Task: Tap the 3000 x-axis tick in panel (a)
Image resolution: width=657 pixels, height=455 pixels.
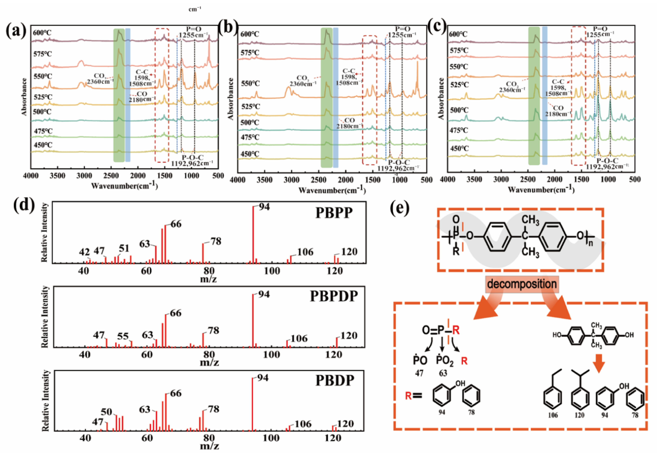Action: point(84,176)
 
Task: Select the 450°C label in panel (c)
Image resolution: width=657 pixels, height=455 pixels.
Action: point(459,149)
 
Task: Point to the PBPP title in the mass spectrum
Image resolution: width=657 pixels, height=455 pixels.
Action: point(334,213)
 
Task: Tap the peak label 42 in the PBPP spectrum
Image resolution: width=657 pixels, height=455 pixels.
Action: point(85,252)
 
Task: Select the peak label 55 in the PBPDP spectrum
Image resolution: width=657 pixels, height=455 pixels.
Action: point(123,336)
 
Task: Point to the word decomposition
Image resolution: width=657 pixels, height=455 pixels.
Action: point(522,284)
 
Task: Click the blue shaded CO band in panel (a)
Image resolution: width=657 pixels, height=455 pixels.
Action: point(128,95)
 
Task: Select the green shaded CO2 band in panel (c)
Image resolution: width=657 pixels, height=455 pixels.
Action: point(534,96)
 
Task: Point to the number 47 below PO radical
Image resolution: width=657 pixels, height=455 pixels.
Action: point(419,373)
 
